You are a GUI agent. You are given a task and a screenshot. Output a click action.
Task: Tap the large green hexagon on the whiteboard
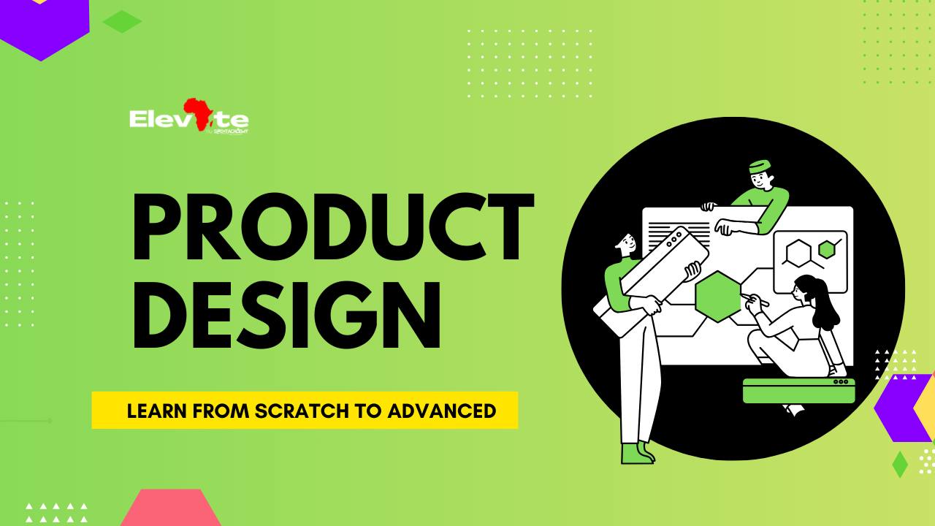click(718, 296)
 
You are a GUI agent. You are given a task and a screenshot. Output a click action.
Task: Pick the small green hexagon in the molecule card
click(826, 249)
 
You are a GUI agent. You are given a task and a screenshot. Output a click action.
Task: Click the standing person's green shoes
click(636, 453)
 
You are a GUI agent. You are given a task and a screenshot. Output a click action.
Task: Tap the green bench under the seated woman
click(798, 392)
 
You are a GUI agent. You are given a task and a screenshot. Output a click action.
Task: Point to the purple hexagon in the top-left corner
click(44, 26)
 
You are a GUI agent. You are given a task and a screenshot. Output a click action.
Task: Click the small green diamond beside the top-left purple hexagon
click(122, 22)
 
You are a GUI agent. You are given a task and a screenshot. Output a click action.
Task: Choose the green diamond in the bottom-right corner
click(900, 465)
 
